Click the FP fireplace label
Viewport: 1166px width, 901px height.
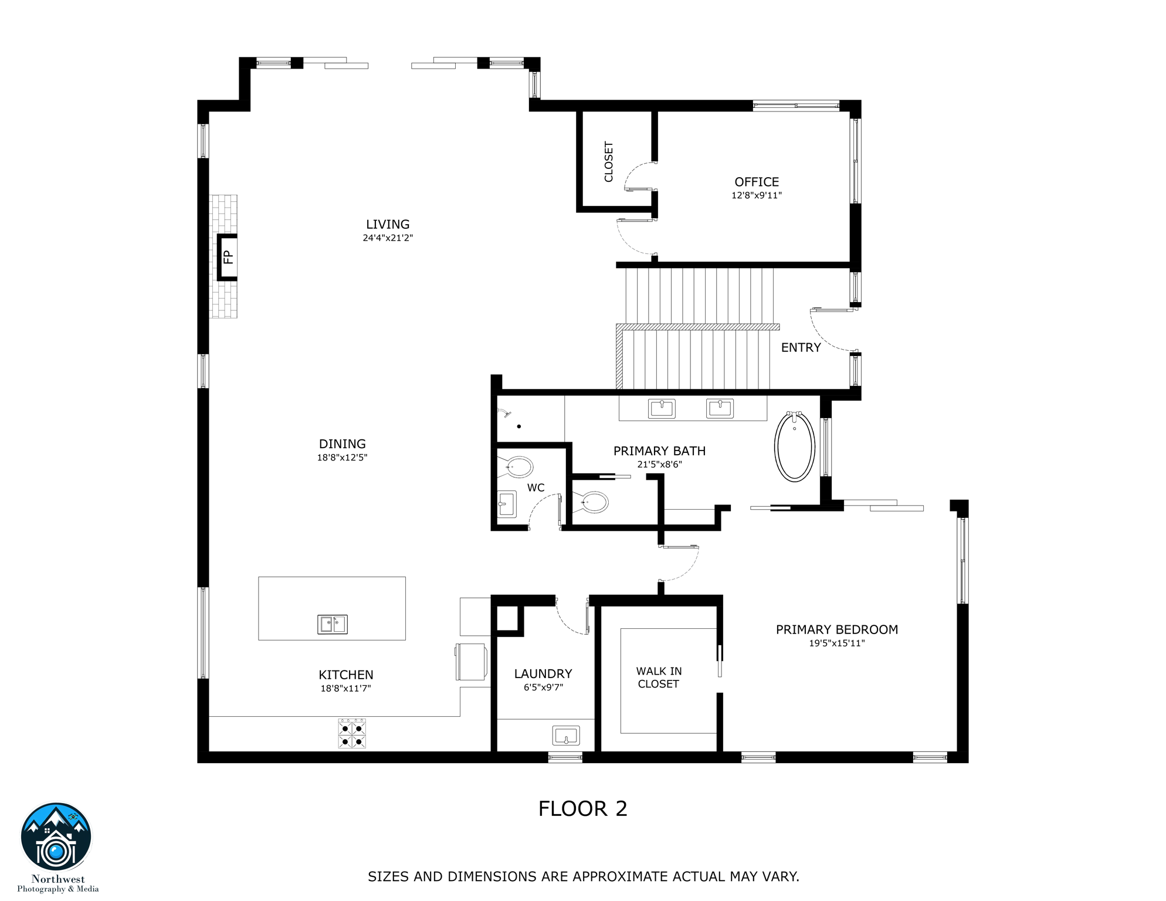[x=228, y=257]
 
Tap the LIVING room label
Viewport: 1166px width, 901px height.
[x=388, y=224]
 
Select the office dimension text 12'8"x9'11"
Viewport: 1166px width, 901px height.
[x=756, y=195]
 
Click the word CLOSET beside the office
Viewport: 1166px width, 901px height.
[x=608, y=161]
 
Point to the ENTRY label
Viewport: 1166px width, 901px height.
[x=801, y=347]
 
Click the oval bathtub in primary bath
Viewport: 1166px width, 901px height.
[x=794, y=446]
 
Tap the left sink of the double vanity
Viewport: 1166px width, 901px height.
[x=661, y=408]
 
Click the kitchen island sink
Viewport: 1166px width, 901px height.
[x=332, y=624]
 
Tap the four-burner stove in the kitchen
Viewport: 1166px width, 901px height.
[x=352, y=733]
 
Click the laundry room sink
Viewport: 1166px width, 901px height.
[x=566, y=735]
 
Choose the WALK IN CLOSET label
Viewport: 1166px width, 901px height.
[x=659, y=678]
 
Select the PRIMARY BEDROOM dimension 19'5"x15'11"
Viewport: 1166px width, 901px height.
[x=836, y=643]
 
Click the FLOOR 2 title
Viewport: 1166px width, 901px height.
[x=582, y=808]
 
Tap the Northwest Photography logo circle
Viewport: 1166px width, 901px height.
[x=56, y=838]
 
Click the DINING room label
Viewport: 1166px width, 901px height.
[x=342, y=444]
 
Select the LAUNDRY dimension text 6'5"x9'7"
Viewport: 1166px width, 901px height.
[x=543, y=687]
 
